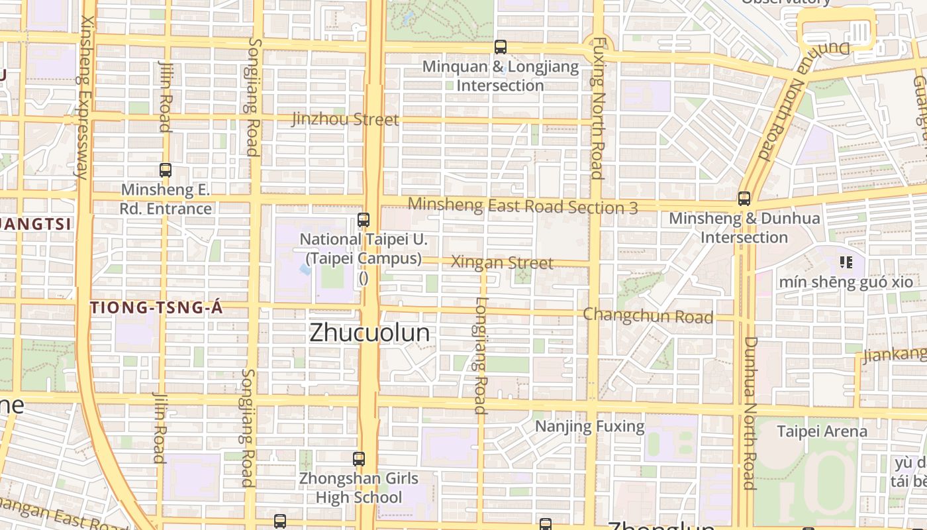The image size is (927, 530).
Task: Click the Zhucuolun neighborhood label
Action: click(x=369, y=333)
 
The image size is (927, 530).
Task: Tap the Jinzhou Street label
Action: click(x=345, y=119)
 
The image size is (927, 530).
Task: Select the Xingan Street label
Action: click(x=502, y=262)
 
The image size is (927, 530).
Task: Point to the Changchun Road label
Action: click(x=648, y=315)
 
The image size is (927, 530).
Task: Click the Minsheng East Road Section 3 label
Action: click(x=522, y=206)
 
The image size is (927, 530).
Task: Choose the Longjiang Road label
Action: click(x=481, y=354)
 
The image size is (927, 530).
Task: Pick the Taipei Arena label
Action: click(x=821, y=431)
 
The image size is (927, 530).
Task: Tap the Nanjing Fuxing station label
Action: click(x=589, y=426)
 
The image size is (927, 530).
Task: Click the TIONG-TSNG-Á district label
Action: click(x=156, y=308)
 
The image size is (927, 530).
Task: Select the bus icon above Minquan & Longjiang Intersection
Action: click(x=501, y=47)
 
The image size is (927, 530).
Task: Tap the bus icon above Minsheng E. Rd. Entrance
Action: click(x=166, y=170)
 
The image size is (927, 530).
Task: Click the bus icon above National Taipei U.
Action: click(x=364, y=220)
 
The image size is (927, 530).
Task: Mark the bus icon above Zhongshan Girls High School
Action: click(x=359, y=458)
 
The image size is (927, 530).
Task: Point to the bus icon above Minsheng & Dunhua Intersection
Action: click(x=744, y=199)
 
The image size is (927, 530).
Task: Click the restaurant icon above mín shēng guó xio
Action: click(x=846, y=263)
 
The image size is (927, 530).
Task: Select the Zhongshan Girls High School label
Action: click(x=359, y=488)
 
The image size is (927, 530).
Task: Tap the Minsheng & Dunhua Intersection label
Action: click(x=744, y=227)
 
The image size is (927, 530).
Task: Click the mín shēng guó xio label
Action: click(x=846, y=282)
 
